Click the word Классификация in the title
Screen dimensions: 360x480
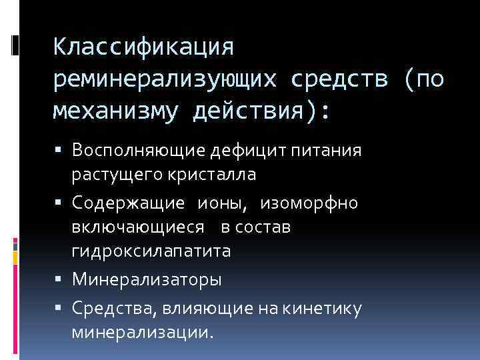coord(144,47)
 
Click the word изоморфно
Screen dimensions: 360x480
coord(309,202)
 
